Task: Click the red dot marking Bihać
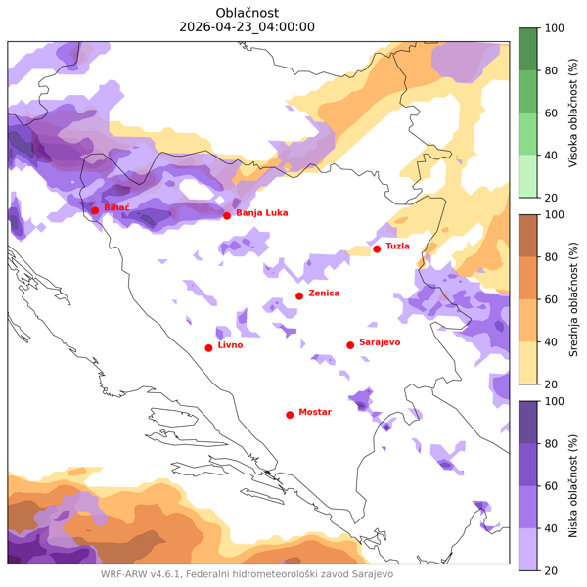[x=95, y=210]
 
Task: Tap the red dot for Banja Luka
[x=227, y=215]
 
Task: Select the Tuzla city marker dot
[x=377, y=248]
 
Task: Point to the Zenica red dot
[x=299, y=295]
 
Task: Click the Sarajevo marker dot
[x=350, y=344]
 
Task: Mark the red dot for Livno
[x=208, y=347]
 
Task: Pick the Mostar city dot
[x=290, y=415]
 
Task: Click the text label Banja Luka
[x=261, y=212]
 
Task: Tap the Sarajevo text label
[x=380, y=342]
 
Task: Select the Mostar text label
[x=315, y=412]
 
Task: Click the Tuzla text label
[x=397, y=247]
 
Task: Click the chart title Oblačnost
[x=248, y=12]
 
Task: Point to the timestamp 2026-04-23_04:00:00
[x=248, y=27]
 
